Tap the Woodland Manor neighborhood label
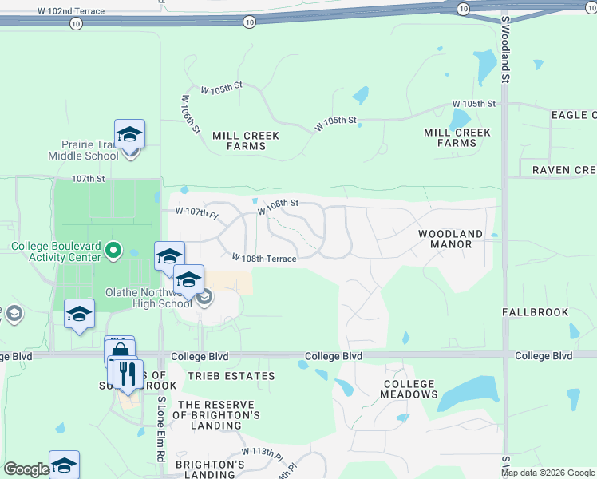point(451,239)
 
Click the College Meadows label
point(409,389)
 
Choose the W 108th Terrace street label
point(265,259)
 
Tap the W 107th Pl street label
point(196,212)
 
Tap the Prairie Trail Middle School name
point(90,150)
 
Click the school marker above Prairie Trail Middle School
point(129,134)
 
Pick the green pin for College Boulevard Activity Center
point(113,251)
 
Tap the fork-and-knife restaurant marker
point(127,373)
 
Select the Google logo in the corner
point(26,469)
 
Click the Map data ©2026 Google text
point(547,473)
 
